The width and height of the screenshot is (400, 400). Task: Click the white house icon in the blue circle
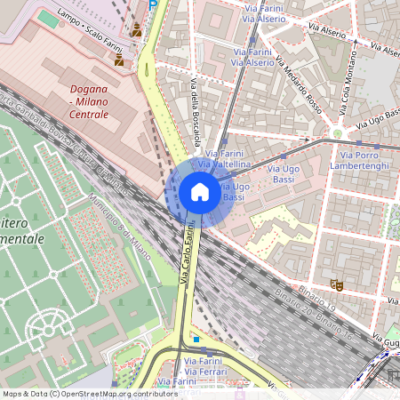pyautogui.click(x=200, y=192)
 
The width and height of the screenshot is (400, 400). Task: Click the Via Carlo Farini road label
pyautogui.click(x=188, y=255)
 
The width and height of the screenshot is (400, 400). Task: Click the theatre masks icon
pyautogui.click(x=337, y=284)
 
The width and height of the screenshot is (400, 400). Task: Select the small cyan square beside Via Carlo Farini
pyautogui.click(x=196, y=338)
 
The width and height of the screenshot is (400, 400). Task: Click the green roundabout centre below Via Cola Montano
pyautogui.click(x=337, y=133)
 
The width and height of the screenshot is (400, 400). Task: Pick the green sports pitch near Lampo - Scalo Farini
pyautogui.click(x=48, y=18)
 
